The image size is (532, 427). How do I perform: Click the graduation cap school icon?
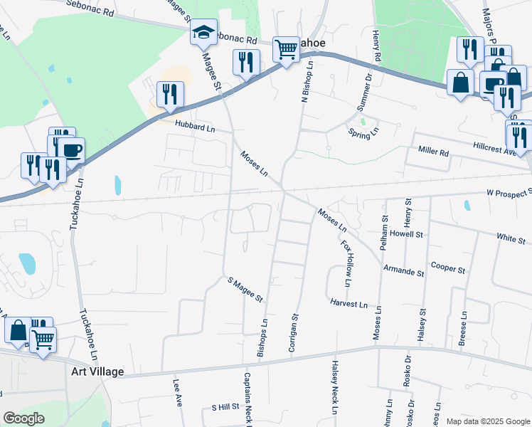coord(204,33)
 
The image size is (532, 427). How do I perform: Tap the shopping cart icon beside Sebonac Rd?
coord(286,50)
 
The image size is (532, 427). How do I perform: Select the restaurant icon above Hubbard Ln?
coord(170,95)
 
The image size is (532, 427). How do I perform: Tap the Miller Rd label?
coord(434,152)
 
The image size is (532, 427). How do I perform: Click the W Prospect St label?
coord(509,193)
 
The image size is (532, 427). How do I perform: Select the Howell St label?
coord(407,233)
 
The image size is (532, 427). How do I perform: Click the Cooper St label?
coord(447,270)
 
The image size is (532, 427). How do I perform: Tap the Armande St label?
coord(403,272)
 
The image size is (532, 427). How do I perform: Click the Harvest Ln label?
coord(349,304)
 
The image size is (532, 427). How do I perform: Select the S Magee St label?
coord(245,289)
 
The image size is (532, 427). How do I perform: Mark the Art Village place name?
coord(98,371)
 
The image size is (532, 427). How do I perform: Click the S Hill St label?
coord(225,407)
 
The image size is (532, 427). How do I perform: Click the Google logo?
coord(24,418)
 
